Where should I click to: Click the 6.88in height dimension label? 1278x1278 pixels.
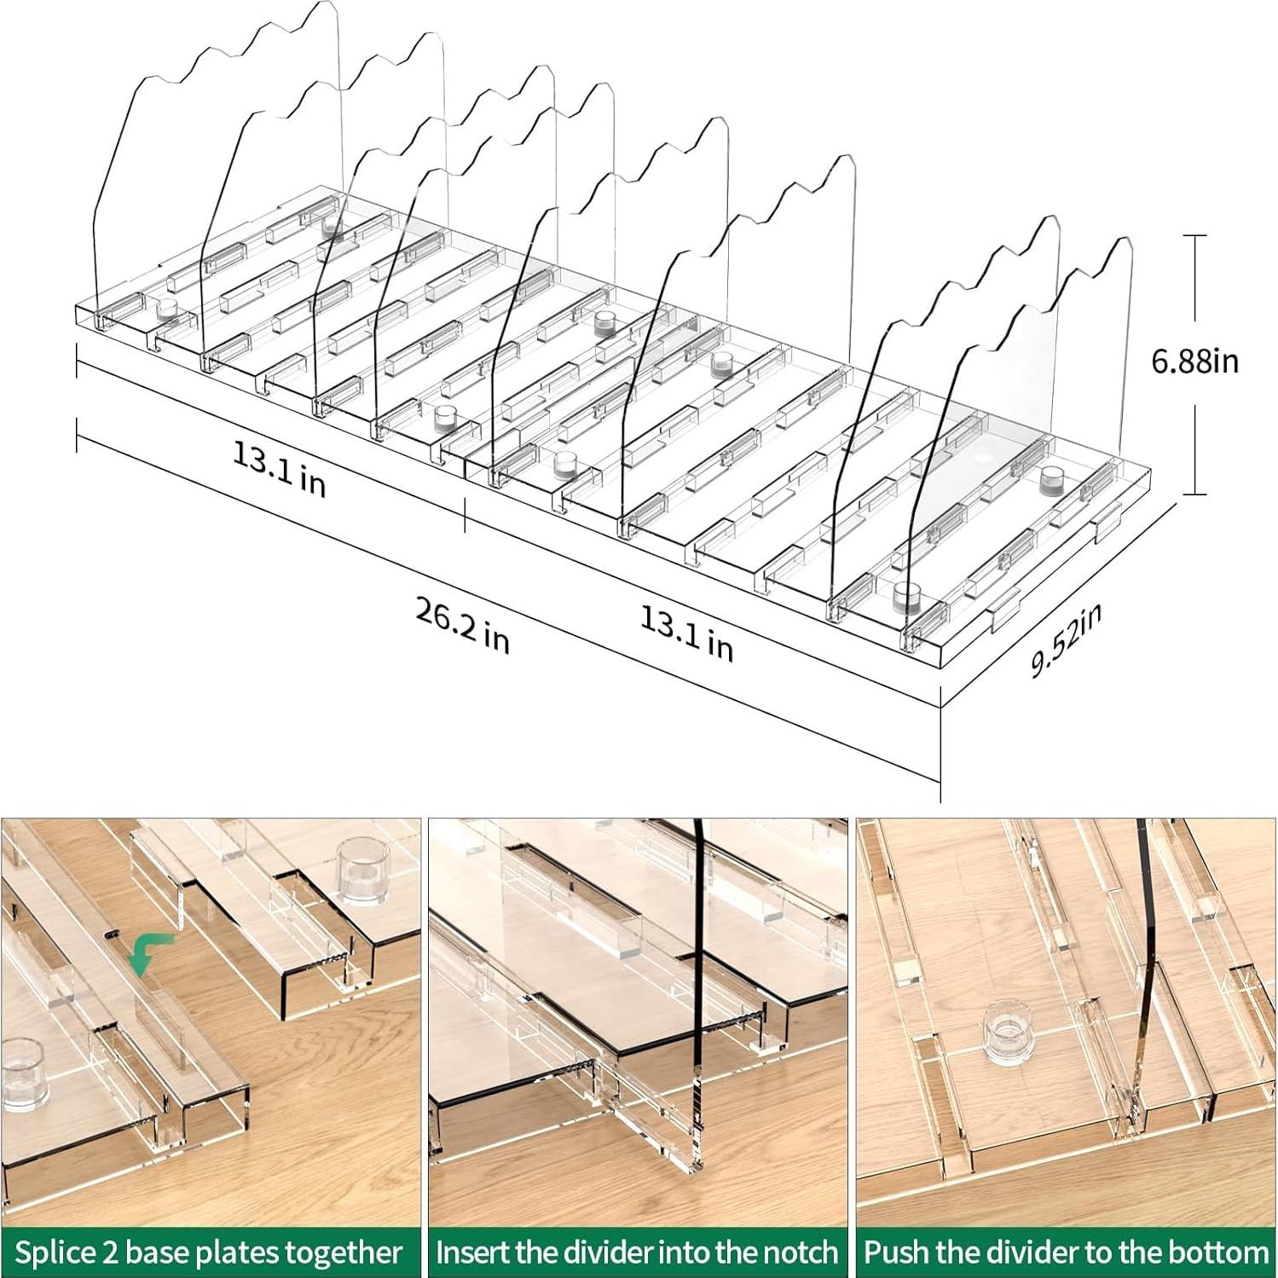point(1194,361)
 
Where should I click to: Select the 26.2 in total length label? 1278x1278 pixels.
point(462,626)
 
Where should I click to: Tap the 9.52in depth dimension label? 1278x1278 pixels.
point(1066,639)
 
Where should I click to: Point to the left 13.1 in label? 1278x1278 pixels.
point(279,469)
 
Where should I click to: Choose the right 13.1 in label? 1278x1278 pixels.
point(686,635)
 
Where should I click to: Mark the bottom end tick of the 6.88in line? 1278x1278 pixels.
point(1194,494)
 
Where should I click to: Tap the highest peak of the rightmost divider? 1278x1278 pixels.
point(1122,242)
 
